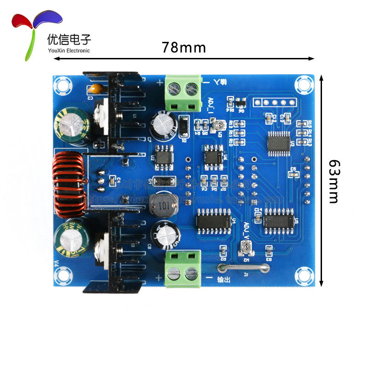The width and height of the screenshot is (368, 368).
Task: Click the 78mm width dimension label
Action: (x=184, y=47)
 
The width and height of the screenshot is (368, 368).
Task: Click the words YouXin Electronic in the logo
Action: (x=69, y=51)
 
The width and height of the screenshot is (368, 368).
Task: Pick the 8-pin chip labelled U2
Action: (x=164, y=155)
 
